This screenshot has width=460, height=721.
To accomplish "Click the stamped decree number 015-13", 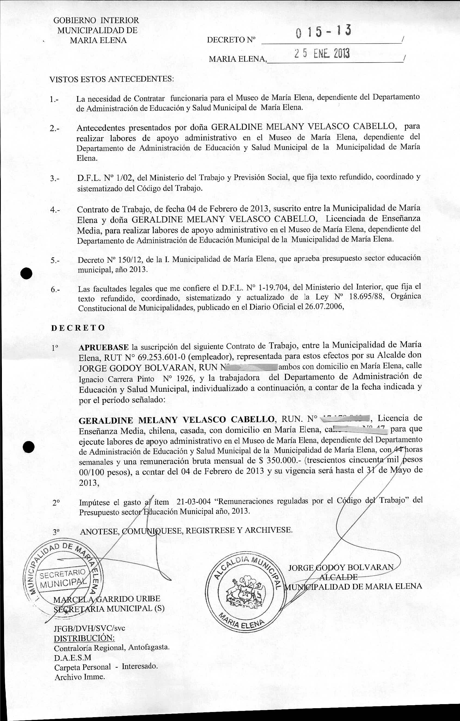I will [323, 32].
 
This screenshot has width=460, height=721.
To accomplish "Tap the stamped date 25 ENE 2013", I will [322, 54].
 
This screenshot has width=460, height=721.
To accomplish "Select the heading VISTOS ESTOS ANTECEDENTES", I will [111, 79].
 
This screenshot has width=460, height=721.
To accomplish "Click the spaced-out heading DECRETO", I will [78, 328].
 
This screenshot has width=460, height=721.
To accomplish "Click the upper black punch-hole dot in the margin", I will [26, 273].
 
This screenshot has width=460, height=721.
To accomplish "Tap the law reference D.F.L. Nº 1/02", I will [106, 178].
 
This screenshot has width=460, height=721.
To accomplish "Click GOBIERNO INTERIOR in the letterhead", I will [96, 20].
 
